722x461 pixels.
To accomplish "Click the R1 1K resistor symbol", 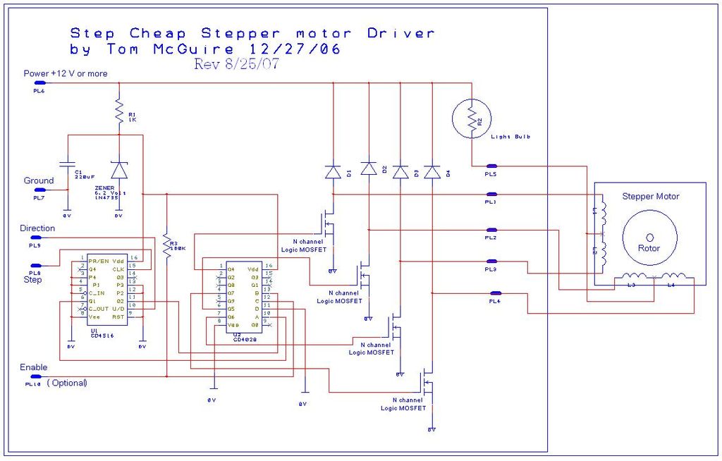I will [118, 111].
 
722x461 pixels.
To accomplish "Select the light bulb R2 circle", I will [472, 120].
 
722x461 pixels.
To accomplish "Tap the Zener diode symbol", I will [119, 170].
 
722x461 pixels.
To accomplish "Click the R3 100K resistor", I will [166, 246].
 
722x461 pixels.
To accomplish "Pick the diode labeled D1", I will [333, 171].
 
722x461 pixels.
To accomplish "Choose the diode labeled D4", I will [432, 172].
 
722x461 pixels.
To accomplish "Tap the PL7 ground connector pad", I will [39, 190].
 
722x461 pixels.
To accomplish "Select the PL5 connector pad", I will [491, 166].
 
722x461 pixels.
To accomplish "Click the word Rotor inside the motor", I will [649, 248].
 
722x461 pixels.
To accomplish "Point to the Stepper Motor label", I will [650, 196].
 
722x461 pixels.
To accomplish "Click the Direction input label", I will [37, 228].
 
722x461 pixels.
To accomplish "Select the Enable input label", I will [34, 367].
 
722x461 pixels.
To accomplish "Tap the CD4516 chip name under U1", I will [102, 336].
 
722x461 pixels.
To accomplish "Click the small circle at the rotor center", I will [649, 237].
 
